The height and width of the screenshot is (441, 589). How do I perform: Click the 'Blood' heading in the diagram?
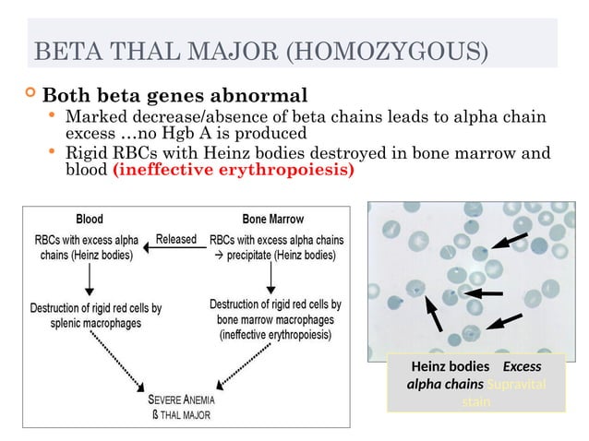point(89,220)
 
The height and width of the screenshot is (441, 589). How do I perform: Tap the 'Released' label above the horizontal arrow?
point(175,239)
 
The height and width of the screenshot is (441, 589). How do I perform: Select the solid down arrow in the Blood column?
point(90,280)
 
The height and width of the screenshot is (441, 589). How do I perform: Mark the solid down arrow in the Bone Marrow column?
point(270,278)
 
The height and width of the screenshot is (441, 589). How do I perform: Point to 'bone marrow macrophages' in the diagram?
point(276,319)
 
